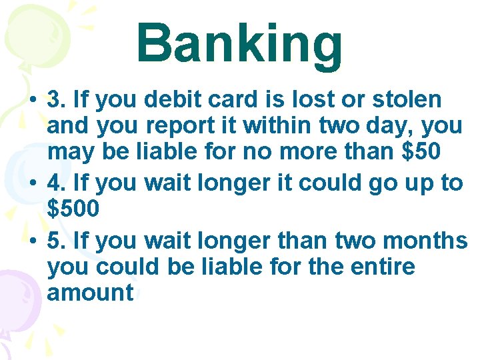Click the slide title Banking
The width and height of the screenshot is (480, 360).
tap(239, 43)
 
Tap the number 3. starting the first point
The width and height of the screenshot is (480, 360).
tap(56, 100)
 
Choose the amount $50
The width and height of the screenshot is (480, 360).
tap(422, 151)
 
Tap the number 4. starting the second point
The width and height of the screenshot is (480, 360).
tap(56, 183)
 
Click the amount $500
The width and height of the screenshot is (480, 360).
tap(74, 208)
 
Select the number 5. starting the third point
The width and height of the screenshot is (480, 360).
tap(56, 240)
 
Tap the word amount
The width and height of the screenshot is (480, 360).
tap(91, 292)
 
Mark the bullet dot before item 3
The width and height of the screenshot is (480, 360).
tap(33, 101)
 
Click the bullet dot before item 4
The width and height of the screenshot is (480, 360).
tap(33, 184)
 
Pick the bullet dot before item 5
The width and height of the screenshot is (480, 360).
tap(33, 241)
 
